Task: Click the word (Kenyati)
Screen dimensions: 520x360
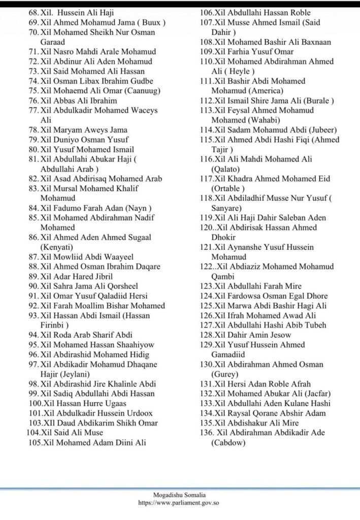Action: coord(59,247)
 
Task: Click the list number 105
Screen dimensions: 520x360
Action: coord(35,442)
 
